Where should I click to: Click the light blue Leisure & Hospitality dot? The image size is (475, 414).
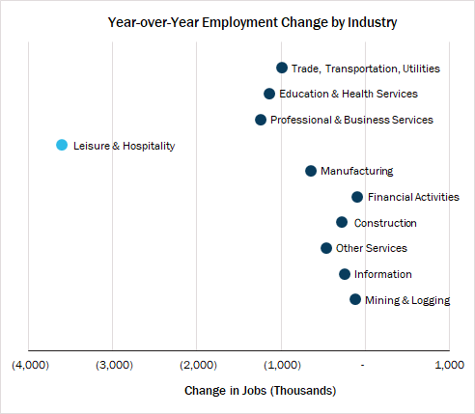pos(62,145)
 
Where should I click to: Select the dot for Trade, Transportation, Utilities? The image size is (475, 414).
pos(282,68)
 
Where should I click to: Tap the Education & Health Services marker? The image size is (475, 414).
pos(269,94)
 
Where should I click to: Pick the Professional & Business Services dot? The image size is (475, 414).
pos(261,120)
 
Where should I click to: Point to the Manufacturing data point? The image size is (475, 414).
pos(311,171)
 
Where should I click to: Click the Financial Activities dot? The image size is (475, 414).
pos(357,197)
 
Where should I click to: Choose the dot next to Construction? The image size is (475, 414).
pos(342,222)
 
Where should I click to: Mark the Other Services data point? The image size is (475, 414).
pos(326,248)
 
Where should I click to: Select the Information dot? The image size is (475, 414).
pos(345,274)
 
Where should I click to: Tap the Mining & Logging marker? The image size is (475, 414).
pos(355,299)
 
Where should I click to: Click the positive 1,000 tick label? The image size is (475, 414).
pos(449,365)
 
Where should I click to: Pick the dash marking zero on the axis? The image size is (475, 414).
pos(363,366)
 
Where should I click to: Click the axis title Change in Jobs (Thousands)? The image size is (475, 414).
pos(260,391)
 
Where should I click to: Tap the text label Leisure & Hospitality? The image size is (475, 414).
pos(125,146)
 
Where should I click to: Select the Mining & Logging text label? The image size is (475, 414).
pos(407,300)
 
